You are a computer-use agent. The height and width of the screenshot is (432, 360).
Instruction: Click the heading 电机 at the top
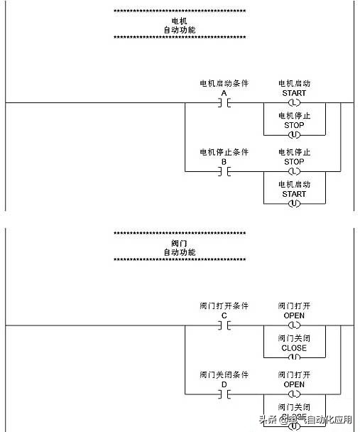tap(180, 21)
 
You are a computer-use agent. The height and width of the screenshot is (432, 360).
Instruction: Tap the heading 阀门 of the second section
tap(180, 244)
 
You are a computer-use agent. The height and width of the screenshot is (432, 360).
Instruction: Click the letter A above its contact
tap(224, 93)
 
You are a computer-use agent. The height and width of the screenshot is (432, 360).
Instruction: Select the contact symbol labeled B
tap(224, 171)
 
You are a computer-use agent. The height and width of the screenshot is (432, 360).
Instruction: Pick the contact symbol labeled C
tap(224, 325)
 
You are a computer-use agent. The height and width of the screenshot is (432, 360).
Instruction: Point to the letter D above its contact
tap(224, 384)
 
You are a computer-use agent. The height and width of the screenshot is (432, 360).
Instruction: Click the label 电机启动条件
tap(224, 84)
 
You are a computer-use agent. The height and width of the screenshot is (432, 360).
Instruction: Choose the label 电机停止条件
tap(224, 152)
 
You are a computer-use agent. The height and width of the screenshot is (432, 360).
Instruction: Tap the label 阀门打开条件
tap(224, 306)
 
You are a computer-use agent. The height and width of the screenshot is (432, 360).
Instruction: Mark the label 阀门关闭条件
tap(224, 374)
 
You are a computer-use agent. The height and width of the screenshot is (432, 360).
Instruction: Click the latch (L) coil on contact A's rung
tap(294, 103)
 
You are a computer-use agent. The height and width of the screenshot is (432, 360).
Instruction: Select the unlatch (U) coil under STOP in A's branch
tap(294, 134)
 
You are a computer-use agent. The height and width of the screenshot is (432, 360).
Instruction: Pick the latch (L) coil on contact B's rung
tap(294, 171)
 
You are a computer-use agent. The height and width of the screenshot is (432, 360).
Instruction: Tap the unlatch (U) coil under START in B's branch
tap(294, 203)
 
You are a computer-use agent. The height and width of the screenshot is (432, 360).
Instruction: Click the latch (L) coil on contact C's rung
tap(294, 325)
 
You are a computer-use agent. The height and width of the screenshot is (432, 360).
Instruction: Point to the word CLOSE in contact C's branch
tap(294, 348)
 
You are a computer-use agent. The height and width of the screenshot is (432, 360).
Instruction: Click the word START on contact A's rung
tap(294, 93)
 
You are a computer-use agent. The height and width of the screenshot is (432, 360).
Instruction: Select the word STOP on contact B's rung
tap(294, 161)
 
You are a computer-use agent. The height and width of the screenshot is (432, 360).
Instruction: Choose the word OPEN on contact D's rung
tap(294, 384)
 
